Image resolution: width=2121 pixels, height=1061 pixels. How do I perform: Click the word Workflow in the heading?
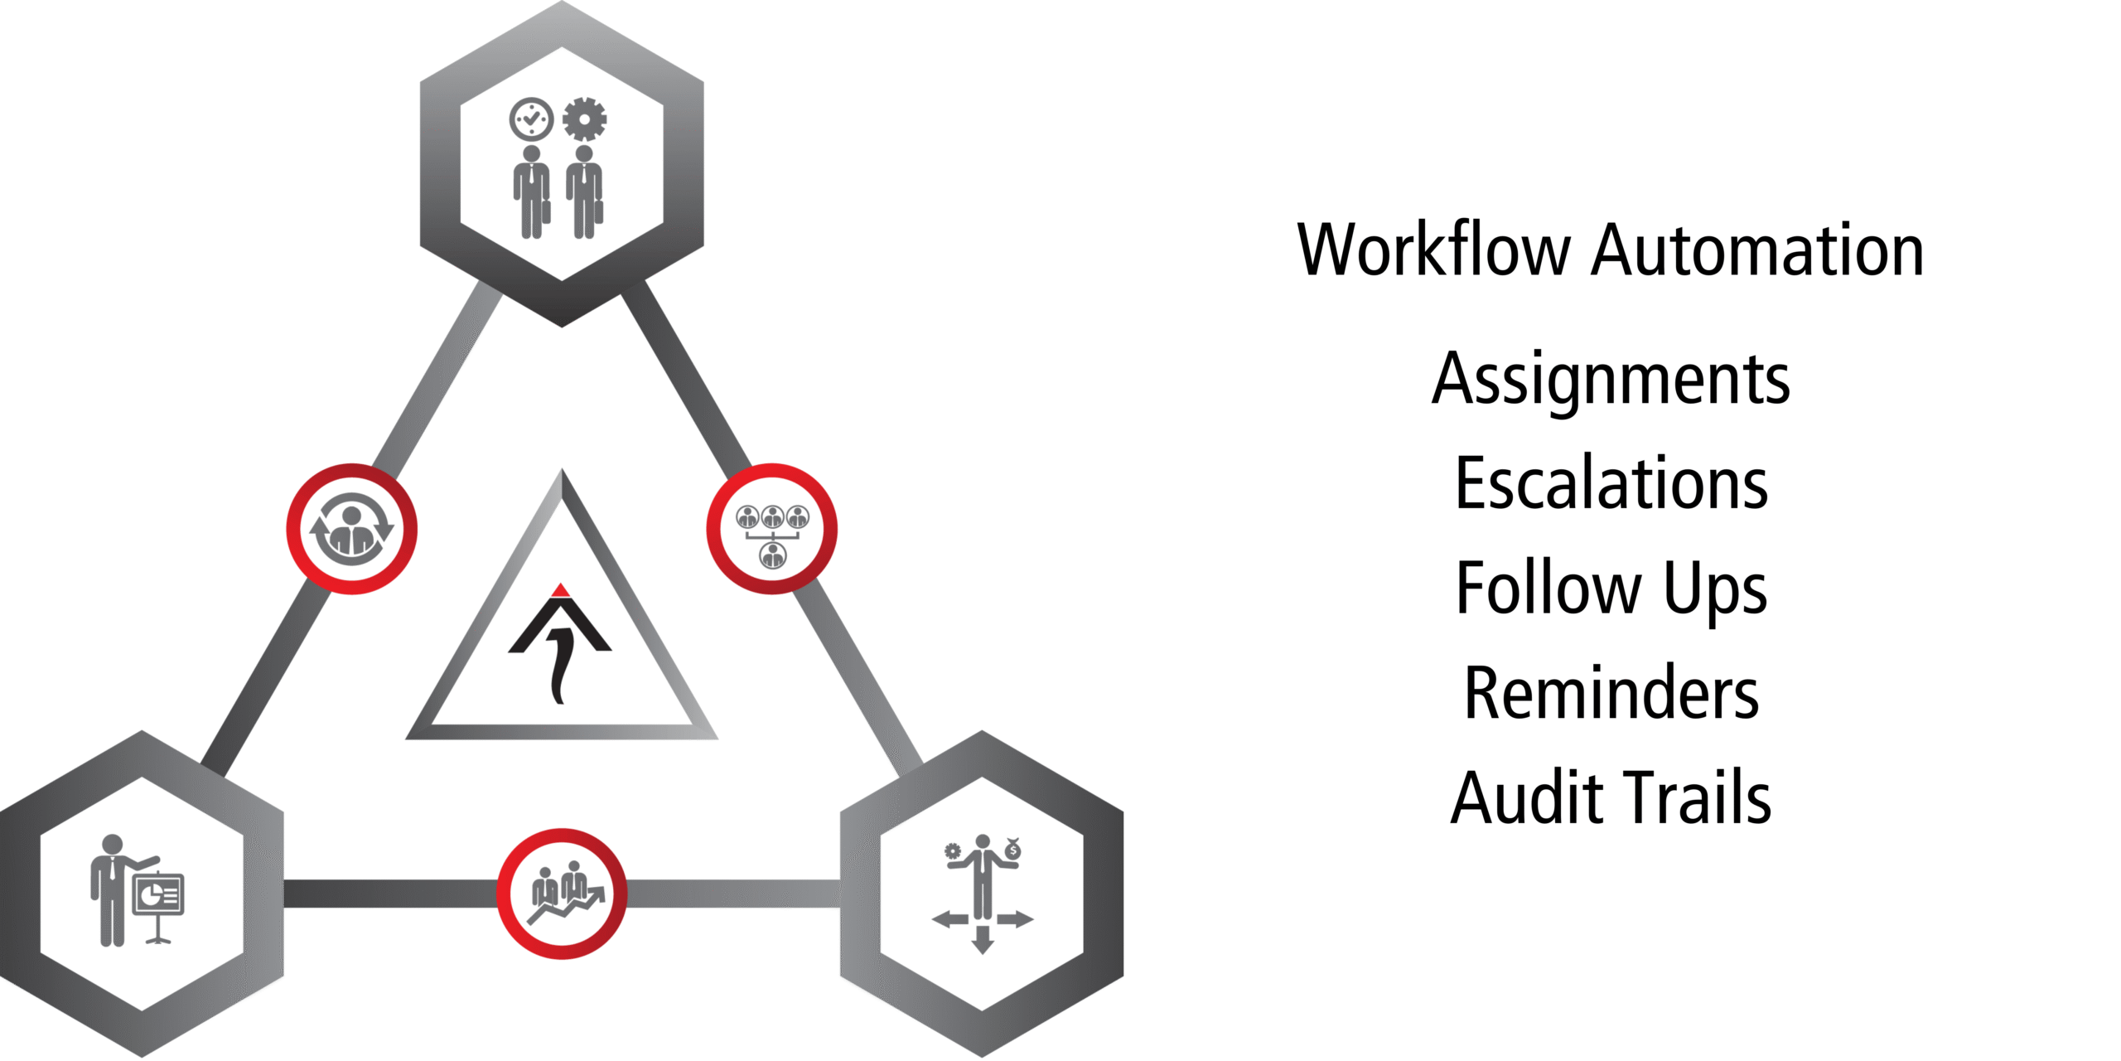(x=1433, y=250)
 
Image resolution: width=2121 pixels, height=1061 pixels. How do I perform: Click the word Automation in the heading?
(x=1756, y=250)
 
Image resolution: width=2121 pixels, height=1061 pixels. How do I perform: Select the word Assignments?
(x=1611, y=380)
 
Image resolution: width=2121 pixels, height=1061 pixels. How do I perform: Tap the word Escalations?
(x=1611, y=484)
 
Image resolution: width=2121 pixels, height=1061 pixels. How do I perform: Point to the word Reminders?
(x=1611, y=693)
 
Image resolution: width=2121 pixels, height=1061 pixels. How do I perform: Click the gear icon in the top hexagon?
(x=584, y=119)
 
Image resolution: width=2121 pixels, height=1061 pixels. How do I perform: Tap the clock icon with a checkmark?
(x=531, y=119)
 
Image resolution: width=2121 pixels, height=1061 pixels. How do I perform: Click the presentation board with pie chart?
(x=158, y=896)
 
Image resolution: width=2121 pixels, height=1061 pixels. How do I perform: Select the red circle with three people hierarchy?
(x=772, y=529)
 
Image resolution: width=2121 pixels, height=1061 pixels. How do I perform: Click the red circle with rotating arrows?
(x=352, y=529)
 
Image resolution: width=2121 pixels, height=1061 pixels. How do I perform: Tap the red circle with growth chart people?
(x=562, y=894)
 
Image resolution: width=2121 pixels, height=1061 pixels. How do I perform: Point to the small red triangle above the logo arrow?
(x=561, y=591)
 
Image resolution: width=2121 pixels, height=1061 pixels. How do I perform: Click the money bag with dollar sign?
(x=1012, y=850)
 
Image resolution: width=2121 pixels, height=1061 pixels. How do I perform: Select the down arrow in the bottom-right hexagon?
(x=983, y=940)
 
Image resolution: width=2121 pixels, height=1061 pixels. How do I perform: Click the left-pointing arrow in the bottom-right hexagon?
(x=949, y=918)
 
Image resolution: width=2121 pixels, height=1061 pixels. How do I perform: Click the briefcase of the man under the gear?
(x=598, y=212)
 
